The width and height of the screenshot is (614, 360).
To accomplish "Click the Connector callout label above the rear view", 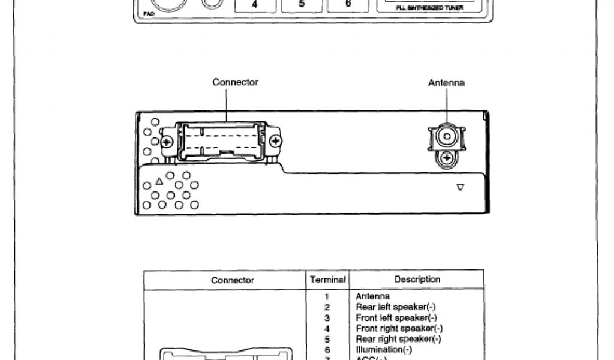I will pyautogui.click(x=235, y=82).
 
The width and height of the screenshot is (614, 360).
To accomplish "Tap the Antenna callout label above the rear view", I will pyautogui.click(x=446, y=83).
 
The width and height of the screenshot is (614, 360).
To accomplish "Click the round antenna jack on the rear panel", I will pyautogui.click(x=447, y=137).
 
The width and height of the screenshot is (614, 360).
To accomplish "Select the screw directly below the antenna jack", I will pyautogui.click(x=447, y=159).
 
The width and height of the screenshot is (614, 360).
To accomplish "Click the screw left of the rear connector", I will pyautogui.click(x=167, y=142).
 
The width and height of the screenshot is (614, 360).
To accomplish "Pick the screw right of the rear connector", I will pyautogui.click(x=276, y=142).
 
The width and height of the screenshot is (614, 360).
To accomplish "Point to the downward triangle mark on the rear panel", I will pyautogui.click(x=460, y=187).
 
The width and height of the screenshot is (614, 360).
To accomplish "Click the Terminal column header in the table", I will pyautogui.click(x=327, y=280).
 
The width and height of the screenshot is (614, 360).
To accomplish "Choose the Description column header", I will pyautogui.click(x=417, y=280).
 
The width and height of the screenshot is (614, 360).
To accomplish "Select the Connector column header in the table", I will pyautogui.click(x=232, y=280).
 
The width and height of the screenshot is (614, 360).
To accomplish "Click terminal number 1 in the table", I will pyautogui.click(x=327, y=296).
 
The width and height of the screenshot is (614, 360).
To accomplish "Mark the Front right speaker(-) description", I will pyautogui.click(x=399, y=328).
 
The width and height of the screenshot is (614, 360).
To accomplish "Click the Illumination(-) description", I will pyautogui.click(x=384, y=350).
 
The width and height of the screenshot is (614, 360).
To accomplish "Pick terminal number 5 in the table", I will pyautogui.click(x=327, y=339).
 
